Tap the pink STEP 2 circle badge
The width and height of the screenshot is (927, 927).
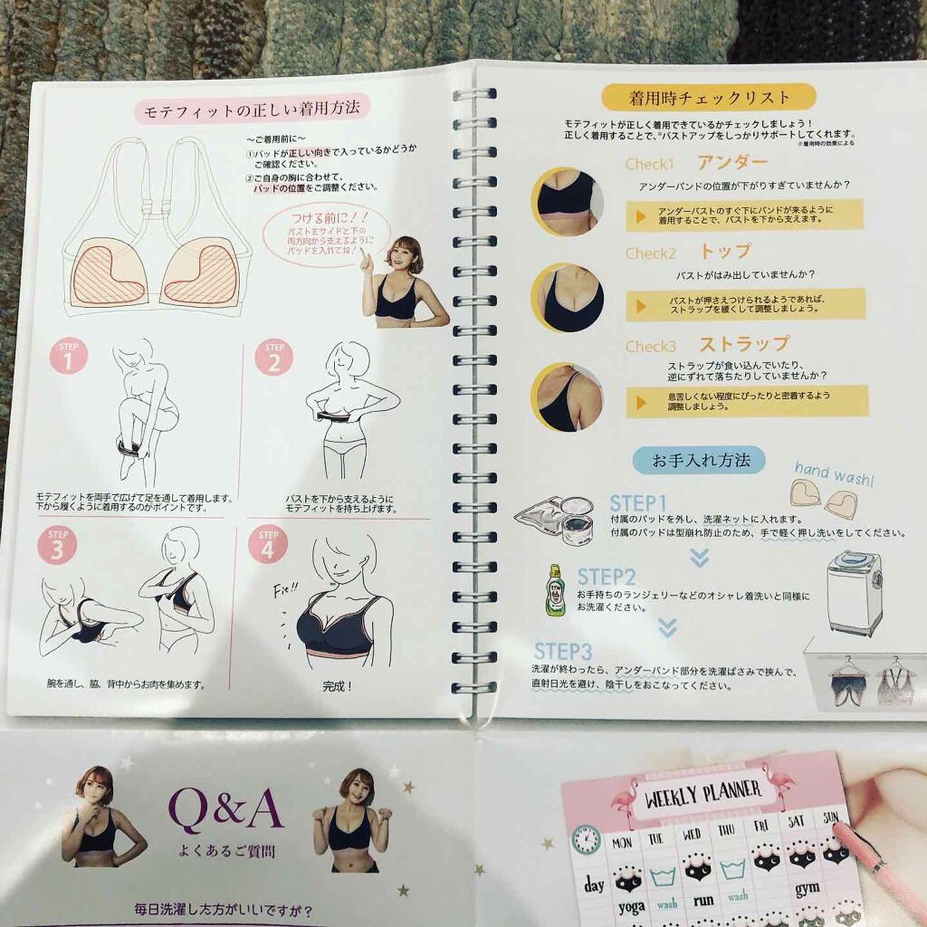tap(273, 357)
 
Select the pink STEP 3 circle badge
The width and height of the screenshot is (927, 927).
tap(57, 545)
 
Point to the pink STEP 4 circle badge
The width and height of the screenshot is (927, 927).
tap(267, 546)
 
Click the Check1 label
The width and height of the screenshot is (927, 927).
tap(650, 165)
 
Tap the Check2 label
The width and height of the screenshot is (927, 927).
tap(650, 253)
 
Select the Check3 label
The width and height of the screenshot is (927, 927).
tap(650, 346)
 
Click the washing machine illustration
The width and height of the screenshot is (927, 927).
tap(855, 593)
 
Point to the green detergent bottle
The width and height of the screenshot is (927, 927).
tap(555, 590)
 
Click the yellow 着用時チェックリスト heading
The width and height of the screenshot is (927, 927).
tap(709, 98)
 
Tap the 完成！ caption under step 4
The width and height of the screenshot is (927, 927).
tap(337, 685)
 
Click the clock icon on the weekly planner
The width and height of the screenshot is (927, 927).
tap(587, 839)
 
